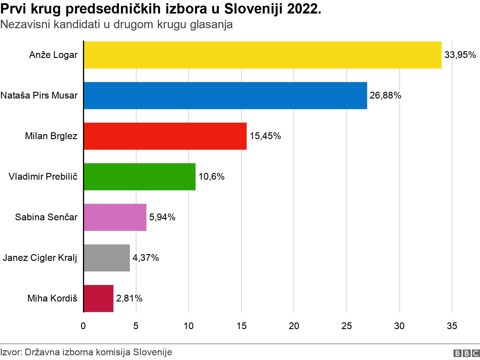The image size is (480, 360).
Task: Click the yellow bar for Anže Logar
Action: pyautogui.click(x=263, y=55)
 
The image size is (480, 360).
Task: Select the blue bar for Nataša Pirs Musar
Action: pyautogui.click(x=225, y=96)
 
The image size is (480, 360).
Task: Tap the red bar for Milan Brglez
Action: pyautogui.click(x=165, y=136)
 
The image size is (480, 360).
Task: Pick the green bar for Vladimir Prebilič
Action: pyautogui.click(x=139, y=177)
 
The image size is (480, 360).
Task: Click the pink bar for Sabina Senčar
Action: pyautogui.click(x=115, y=217)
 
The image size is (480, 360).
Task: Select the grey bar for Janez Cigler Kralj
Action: pyautogui.click(x=107, y=258)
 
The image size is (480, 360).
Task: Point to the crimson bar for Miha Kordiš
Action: pyautogui.click(x=99, y=299)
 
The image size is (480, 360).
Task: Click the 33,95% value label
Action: pyautogui.click(x=460, y=55)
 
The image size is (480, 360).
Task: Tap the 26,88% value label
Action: pyautogui.click(x=385, y=96)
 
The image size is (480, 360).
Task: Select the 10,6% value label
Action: pyautogui.click(x=211, y=177)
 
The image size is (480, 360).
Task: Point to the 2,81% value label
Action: pyautogui.click(x=129, y=299)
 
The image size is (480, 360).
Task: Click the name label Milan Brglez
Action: pyautogui.click(x=51, y=136)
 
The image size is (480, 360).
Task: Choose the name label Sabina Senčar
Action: pyautogui.click(x=46, y=217)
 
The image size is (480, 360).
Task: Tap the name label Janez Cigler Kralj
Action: pyautogui.click(x=40, y=258)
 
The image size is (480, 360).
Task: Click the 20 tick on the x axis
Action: pyautogui.click(x=294, y=326)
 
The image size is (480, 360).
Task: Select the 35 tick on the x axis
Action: pyautogui.click(x=452, y=326)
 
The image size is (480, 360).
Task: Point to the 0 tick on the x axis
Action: pyautogui.click(x=83, y=326)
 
